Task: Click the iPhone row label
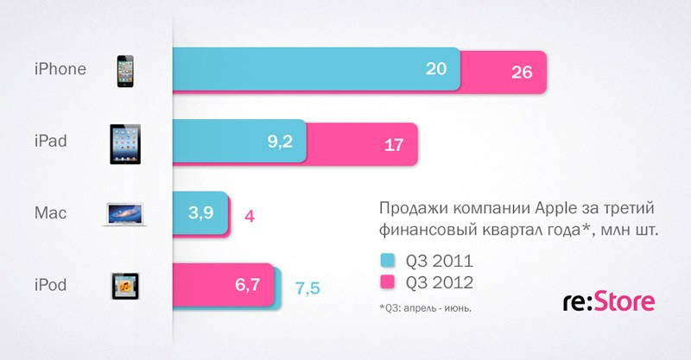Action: coord(60,69)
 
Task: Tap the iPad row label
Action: coord(52,140)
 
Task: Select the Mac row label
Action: coord(50,212)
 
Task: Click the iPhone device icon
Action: coord(126,71)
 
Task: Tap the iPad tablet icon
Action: coord(126,143)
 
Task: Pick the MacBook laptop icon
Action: coord(128,214)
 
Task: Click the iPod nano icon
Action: coord(126,286)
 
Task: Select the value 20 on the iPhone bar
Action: coord(435,70)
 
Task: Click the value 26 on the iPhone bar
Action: coord(522,72)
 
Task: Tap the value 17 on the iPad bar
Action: coord(394,144)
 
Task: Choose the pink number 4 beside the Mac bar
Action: coord(250,215)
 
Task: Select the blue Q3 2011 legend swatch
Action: coord(387,259)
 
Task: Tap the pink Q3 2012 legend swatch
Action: coord(387,281)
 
